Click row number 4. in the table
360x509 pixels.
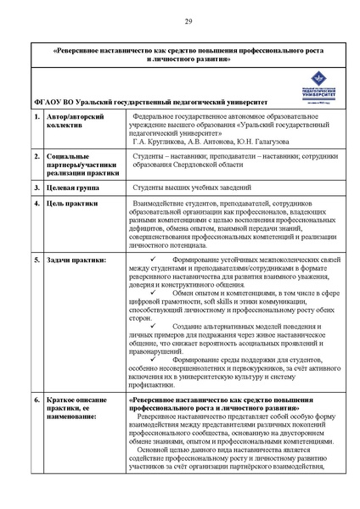[37, 204]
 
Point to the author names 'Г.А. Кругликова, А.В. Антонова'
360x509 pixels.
[185, 141]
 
